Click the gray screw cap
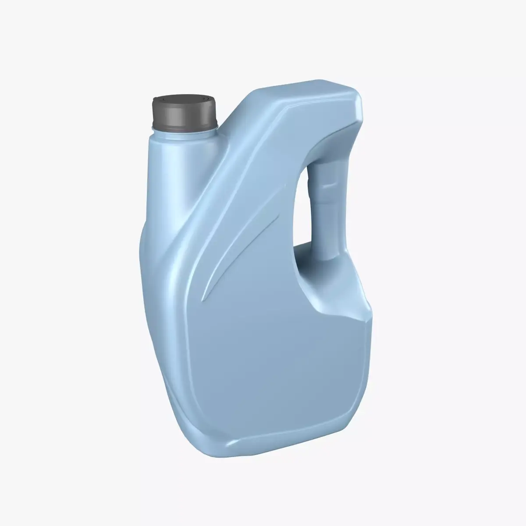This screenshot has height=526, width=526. (x=184, y=115)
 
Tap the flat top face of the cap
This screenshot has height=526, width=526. (x=185, y=101)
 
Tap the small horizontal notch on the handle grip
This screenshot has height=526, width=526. (x=329, y=186)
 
